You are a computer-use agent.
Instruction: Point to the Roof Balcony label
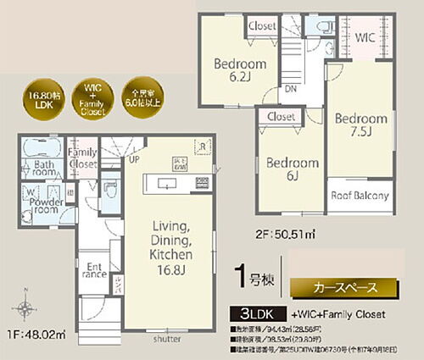coord(360,196)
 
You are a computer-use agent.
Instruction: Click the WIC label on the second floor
coord(366,38)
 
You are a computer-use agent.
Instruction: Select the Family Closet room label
coord(82,156)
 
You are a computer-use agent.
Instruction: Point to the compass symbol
coord(24,308)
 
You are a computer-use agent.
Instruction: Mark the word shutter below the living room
coord(166,339)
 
